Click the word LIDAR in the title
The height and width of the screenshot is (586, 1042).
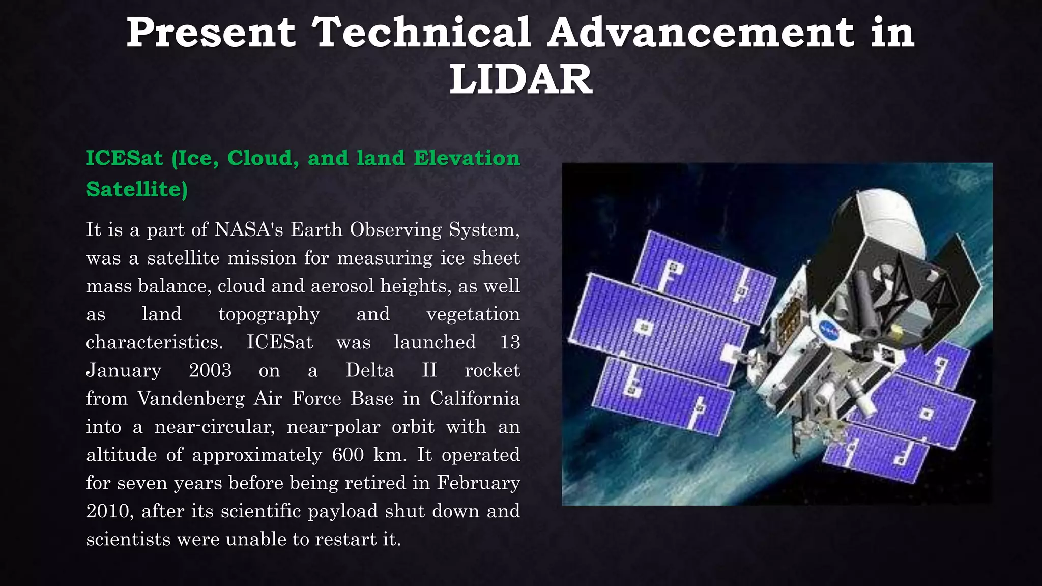coord(520,79)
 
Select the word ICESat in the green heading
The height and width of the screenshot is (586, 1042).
coord(124,158)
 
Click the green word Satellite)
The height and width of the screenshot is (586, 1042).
coord(137,189)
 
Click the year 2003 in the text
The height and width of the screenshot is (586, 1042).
coord(210,370)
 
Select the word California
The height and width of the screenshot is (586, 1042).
coord(475,398)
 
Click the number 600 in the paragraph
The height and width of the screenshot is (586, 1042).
coord(348,455)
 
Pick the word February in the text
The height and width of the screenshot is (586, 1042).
coord(478,483)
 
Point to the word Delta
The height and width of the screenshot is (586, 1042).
coord(370,370)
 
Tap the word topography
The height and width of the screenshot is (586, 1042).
coord(269,314)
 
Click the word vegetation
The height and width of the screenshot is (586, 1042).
coord(473,314)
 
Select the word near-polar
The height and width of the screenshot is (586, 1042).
coord(333,427)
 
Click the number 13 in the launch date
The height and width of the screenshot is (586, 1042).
coord(509,342)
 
